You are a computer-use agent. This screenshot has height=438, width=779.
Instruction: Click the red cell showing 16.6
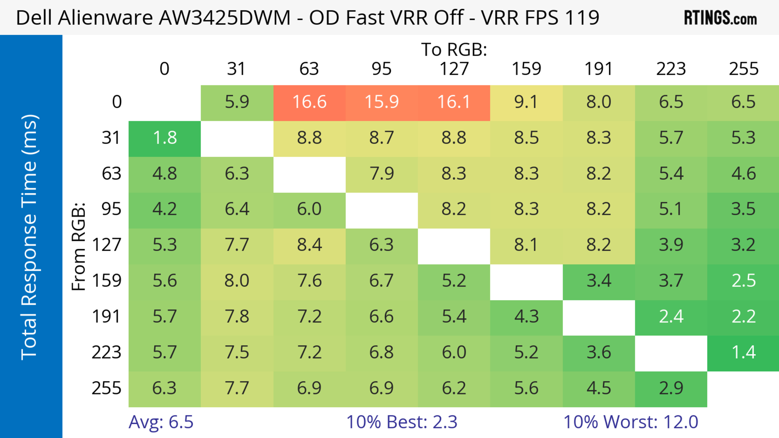pos(309,102)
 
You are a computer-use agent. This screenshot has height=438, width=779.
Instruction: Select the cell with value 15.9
pos(382,102)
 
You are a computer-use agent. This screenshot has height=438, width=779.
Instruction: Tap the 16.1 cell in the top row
pos(454,102)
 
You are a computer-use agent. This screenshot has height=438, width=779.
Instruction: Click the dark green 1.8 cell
pos(165,138)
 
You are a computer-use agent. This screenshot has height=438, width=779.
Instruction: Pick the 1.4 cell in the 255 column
pos(743,352)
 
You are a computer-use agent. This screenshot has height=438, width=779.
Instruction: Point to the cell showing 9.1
pos(526,102)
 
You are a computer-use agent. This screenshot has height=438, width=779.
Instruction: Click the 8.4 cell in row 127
pos(309,245)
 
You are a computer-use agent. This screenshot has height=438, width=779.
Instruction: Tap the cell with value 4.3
pos(526,317)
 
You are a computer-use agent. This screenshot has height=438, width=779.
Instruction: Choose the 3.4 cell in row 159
pos(599,281)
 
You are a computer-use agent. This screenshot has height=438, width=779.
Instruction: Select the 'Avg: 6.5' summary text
pos(161,422)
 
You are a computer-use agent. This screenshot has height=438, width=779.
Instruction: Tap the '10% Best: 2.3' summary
pos(402,422)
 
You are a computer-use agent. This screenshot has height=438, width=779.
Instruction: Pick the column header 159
pos(526,69)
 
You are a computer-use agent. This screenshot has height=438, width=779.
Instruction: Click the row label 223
pos(107,352)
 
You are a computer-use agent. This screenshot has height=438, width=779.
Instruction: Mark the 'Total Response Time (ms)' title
pos(30,237)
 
